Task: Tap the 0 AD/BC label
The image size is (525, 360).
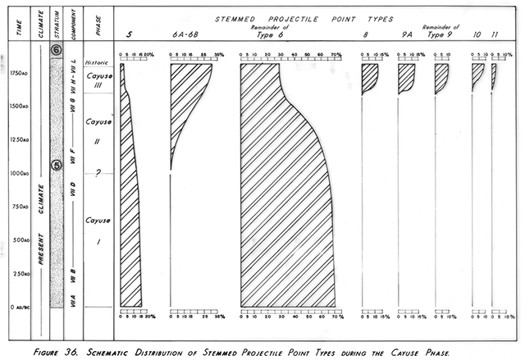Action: coord(16,307)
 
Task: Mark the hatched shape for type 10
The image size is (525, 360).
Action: coord(477,75)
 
